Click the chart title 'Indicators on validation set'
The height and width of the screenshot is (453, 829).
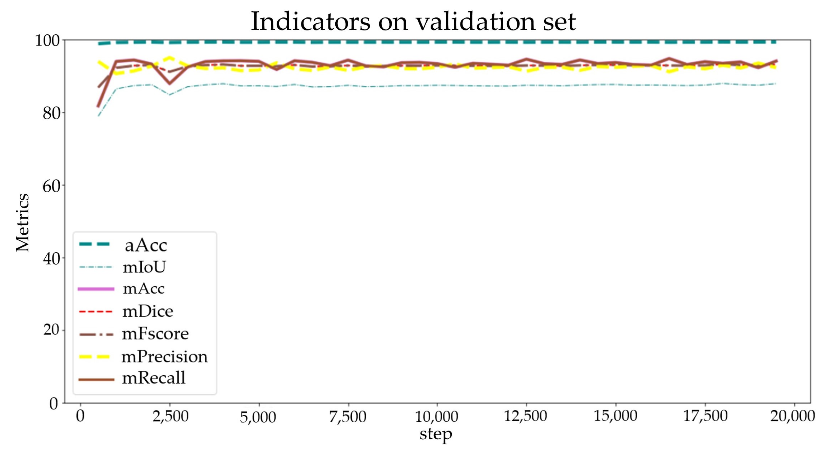[413, 22]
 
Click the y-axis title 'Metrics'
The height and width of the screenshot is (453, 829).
[23, 222]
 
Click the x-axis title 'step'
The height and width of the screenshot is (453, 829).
[435, 434]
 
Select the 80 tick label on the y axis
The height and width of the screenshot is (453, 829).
[51, 113]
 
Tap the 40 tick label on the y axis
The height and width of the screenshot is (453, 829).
[51, 258]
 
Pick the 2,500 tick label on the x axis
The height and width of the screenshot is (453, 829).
[170, 417]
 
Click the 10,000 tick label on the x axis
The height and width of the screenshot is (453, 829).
[436, 417]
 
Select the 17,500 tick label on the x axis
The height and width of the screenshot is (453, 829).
[705, 416]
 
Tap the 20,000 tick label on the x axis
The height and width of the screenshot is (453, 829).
[792, 416]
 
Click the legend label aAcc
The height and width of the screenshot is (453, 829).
[146, 246]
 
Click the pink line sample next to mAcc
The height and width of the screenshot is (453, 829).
[96, 289]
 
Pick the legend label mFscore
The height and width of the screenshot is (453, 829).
[155, 334]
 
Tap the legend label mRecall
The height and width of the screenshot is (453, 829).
[153, 378]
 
